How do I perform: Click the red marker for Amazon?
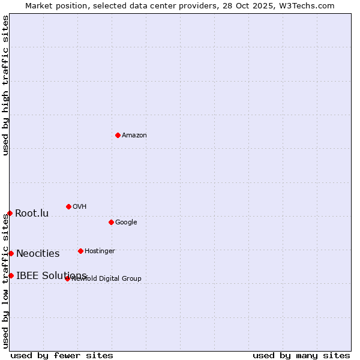118,135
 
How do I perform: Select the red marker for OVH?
68,206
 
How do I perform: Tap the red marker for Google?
111,222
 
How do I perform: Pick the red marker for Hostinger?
80,251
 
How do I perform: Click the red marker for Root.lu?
10,213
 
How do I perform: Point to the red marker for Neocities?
11,253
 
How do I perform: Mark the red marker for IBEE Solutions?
11,275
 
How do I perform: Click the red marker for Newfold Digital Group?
67,278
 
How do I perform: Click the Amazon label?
134,136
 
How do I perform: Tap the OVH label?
80,207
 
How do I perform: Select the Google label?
126,223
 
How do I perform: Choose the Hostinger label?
100,251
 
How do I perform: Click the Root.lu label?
32,214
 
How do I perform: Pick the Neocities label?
38,254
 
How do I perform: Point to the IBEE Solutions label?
52,276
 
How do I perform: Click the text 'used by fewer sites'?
62,355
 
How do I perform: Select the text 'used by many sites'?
301,355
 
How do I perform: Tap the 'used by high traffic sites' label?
5,85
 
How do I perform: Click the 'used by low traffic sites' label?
5,281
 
